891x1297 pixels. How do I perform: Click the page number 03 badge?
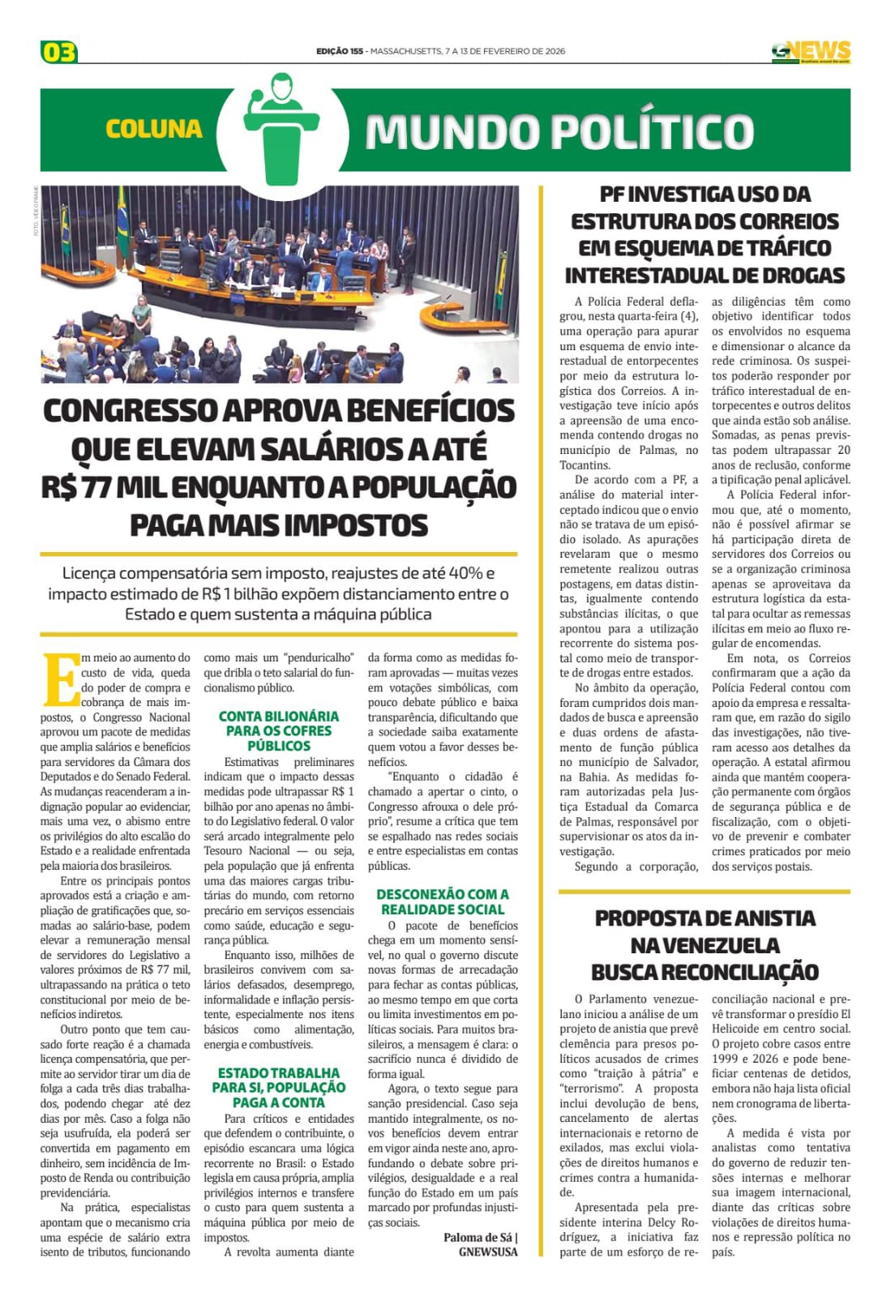click(58, 53)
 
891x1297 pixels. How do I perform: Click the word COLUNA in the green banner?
click(153, 130)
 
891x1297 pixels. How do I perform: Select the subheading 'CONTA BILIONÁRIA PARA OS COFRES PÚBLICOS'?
click(279, 731)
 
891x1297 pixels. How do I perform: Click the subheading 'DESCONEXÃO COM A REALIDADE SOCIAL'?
click(443, 901)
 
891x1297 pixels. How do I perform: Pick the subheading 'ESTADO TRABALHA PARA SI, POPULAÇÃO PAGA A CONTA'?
click(279, 1088)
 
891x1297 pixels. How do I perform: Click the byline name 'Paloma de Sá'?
click(478, 1237)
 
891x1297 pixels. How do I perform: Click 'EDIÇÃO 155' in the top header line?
click(340, 52)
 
